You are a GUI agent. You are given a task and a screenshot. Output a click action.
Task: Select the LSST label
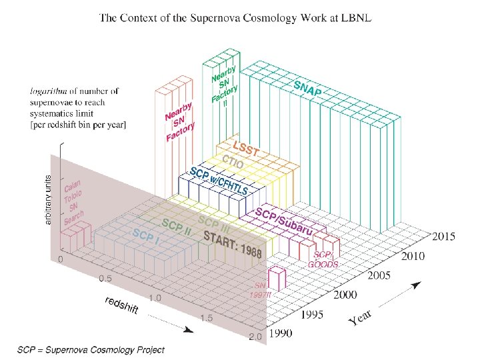point(244,150)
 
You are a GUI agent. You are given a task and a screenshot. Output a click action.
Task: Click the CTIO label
point(233,162)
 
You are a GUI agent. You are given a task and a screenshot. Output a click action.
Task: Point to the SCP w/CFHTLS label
point(218,181)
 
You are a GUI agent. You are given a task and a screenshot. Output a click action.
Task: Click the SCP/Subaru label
point(284,221)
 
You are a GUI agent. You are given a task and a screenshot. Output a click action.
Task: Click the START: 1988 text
point(233,243)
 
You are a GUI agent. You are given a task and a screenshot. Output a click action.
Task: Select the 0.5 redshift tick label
point(105,279)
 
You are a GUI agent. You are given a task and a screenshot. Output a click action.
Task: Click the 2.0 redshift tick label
point(255,337)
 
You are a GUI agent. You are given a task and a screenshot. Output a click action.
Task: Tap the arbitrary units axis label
point(49,199)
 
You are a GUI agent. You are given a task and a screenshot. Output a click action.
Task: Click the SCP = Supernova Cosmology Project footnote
point(91,349)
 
